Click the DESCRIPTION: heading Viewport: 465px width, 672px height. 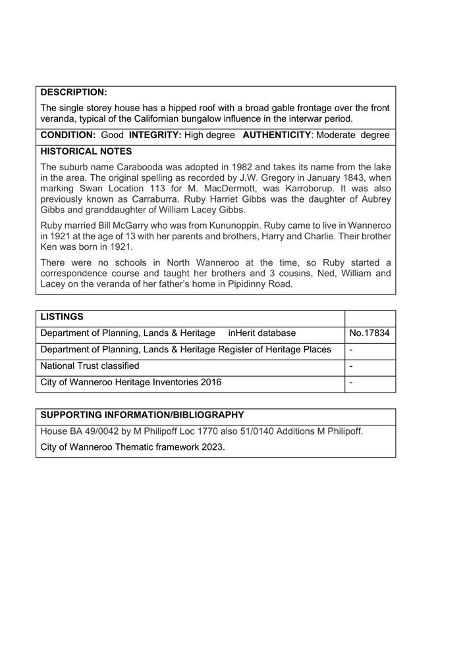point(74,93)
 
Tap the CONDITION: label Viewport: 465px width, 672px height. point(68,135)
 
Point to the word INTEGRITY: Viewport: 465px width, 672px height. point(155,135)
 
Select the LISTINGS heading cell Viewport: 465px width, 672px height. point(62,317)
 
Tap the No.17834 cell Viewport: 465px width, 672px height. point(369,333)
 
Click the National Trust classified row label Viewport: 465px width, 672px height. point(90,366)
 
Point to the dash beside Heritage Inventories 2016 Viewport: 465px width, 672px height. point(352,382)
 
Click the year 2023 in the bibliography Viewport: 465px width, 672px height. point(212,447)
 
